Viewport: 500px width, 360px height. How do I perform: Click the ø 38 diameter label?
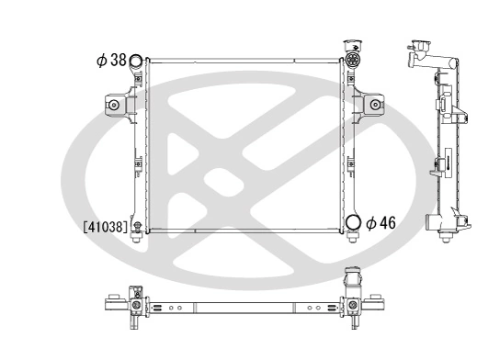click(110, 61)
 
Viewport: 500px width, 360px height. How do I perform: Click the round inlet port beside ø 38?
click(136, 62)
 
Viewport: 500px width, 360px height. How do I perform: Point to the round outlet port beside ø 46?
click(353, 223)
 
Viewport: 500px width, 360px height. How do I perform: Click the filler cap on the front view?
click(353, 46)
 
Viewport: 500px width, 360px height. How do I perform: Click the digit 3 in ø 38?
click(115, 61)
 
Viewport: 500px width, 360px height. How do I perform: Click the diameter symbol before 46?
click(370, 222)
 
